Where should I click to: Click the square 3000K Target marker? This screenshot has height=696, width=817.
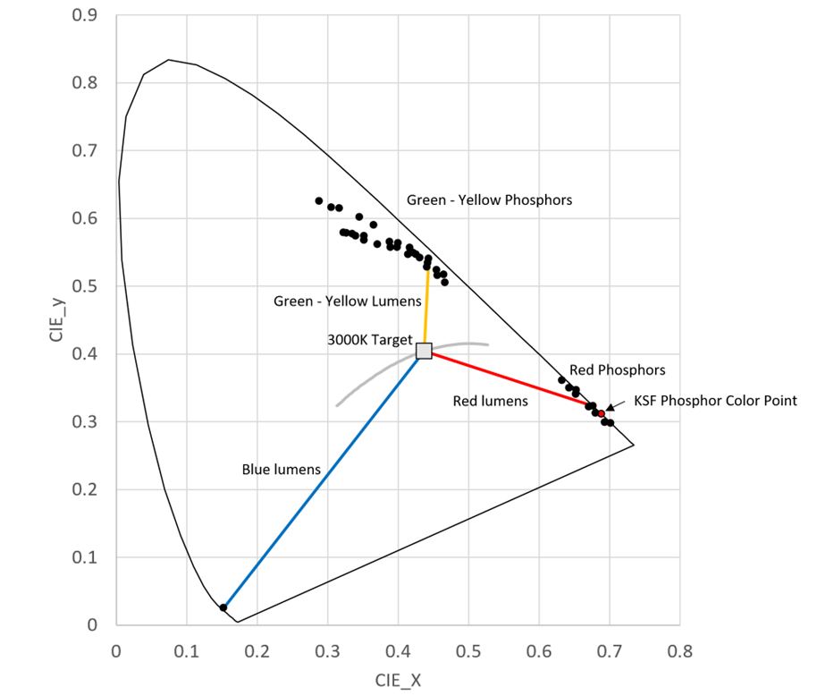[x=424, y=351]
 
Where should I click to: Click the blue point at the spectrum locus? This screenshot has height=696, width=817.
[x=223, y=607]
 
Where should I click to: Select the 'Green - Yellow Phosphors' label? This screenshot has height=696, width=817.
[x=489, y=200]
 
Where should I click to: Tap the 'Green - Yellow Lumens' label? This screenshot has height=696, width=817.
[x=334, y=302]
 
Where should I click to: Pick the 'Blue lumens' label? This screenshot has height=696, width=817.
[x=281, y=470]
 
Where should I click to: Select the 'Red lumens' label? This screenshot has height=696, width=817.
[x=491, y=402]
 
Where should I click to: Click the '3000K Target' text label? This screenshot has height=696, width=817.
[x=370, y=341]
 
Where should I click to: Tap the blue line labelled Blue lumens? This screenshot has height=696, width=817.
[x=322, y=483]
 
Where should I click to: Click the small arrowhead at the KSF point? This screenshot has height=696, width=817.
[x=611, y=407]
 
